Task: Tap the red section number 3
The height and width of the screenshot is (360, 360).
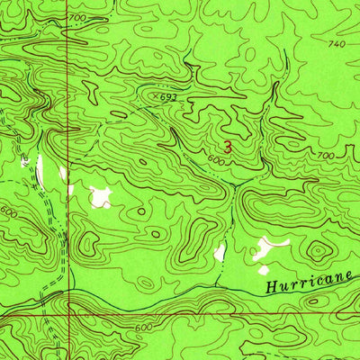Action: coord(228,145)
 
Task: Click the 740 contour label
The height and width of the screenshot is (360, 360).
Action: coord(337,43)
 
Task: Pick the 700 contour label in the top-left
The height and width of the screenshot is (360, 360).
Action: coord(76,18)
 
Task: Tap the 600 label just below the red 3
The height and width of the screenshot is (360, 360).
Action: coord(214,160)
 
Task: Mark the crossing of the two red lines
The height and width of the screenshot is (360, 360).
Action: coord(67,316)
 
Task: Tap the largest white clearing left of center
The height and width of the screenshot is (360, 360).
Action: coord(100,195)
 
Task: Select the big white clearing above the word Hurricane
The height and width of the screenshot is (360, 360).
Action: coord(267,244)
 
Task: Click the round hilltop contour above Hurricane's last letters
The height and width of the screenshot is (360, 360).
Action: coord(318,251)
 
